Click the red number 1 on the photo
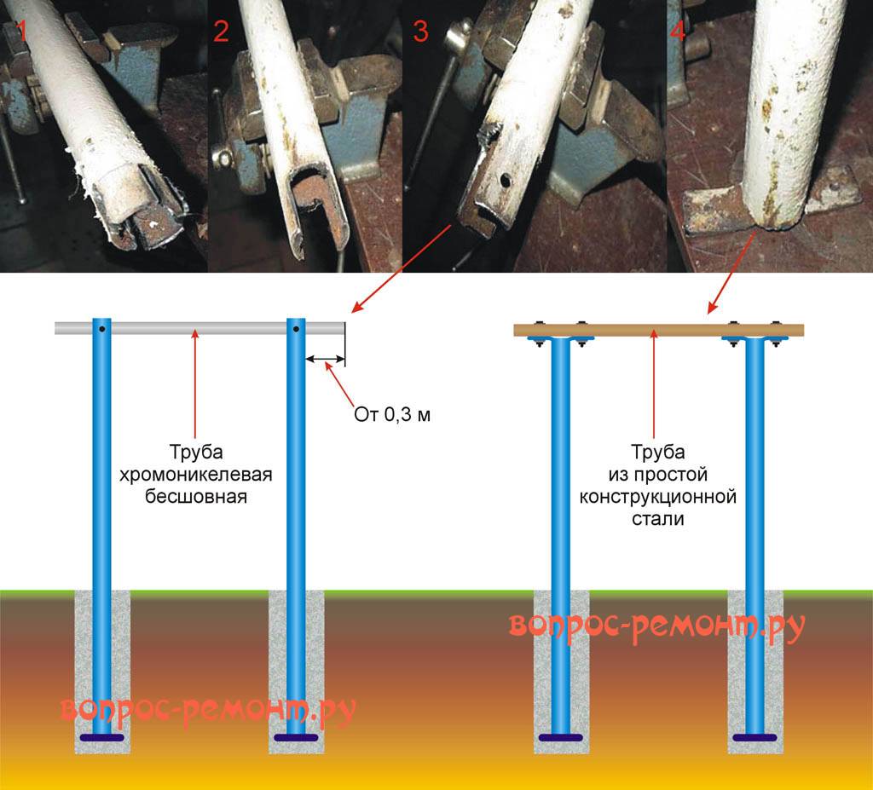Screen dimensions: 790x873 [20, 32]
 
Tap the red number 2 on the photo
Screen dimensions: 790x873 [222, 32]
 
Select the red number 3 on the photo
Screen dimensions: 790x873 [420, 32]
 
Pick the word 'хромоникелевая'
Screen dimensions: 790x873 [196, 473]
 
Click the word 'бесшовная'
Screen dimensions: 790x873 [196, 495]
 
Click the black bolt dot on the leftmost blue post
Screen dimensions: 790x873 [101, 329]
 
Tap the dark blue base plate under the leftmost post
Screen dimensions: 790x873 [101, 737]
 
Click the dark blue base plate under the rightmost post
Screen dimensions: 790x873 [755, 737]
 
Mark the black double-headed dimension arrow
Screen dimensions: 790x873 [324, 360]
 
